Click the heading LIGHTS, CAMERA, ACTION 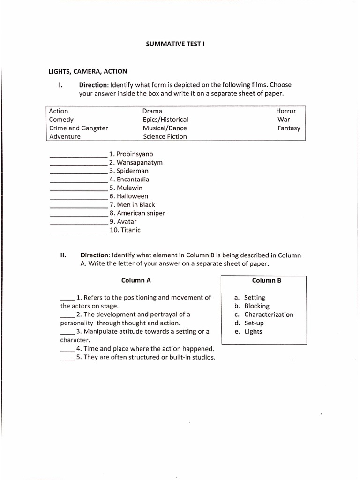pos(88,71)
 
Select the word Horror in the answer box pos(286,111)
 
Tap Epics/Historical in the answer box pos(165,120)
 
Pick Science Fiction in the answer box pos(165,136)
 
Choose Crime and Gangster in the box pos(78,128)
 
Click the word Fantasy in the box pos(289,128)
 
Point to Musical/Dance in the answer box pos(165,128)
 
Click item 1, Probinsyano pos(131,154)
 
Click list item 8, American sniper pos(137,213)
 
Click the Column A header pos(136,280)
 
